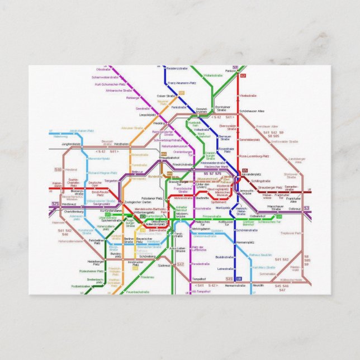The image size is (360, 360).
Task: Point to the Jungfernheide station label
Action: (72, 144)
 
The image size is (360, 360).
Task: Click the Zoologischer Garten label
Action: (138, 201)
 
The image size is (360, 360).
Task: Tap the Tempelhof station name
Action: (199, 278)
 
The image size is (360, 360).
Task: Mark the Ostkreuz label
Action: (295, 209)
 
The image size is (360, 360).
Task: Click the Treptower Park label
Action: (291, 233)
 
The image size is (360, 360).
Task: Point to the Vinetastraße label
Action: (248, 96)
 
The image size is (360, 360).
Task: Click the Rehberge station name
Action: (132, 98)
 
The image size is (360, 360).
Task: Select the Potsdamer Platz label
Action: (151, 198)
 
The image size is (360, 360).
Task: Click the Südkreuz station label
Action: (164, 266)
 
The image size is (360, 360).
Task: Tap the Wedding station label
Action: (159, 122)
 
